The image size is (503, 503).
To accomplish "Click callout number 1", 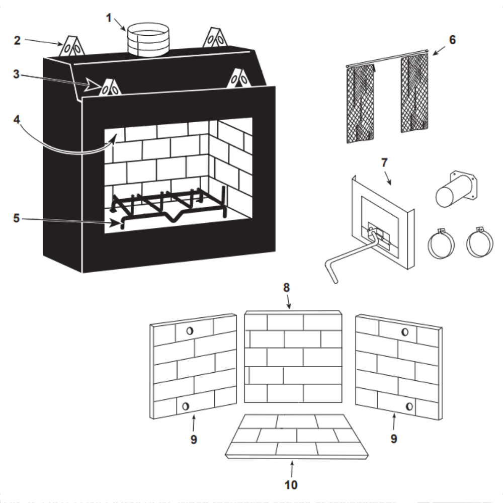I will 109,17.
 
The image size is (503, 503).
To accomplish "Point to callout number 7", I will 384,163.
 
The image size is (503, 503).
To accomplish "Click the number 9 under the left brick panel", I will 194,439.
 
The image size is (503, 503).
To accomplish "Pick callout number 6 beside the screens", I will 452,40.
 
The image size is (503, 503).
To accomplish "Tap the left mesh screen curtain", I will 361,103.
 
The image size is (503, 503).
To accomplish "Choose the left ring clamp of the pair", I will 441,243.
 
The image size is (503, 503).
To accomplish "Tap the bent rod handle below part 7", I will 347,255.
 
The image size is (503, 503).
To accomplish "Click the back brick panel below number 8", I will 293,358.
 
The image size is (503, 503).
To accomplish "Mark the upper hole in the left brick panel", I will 190,331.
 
